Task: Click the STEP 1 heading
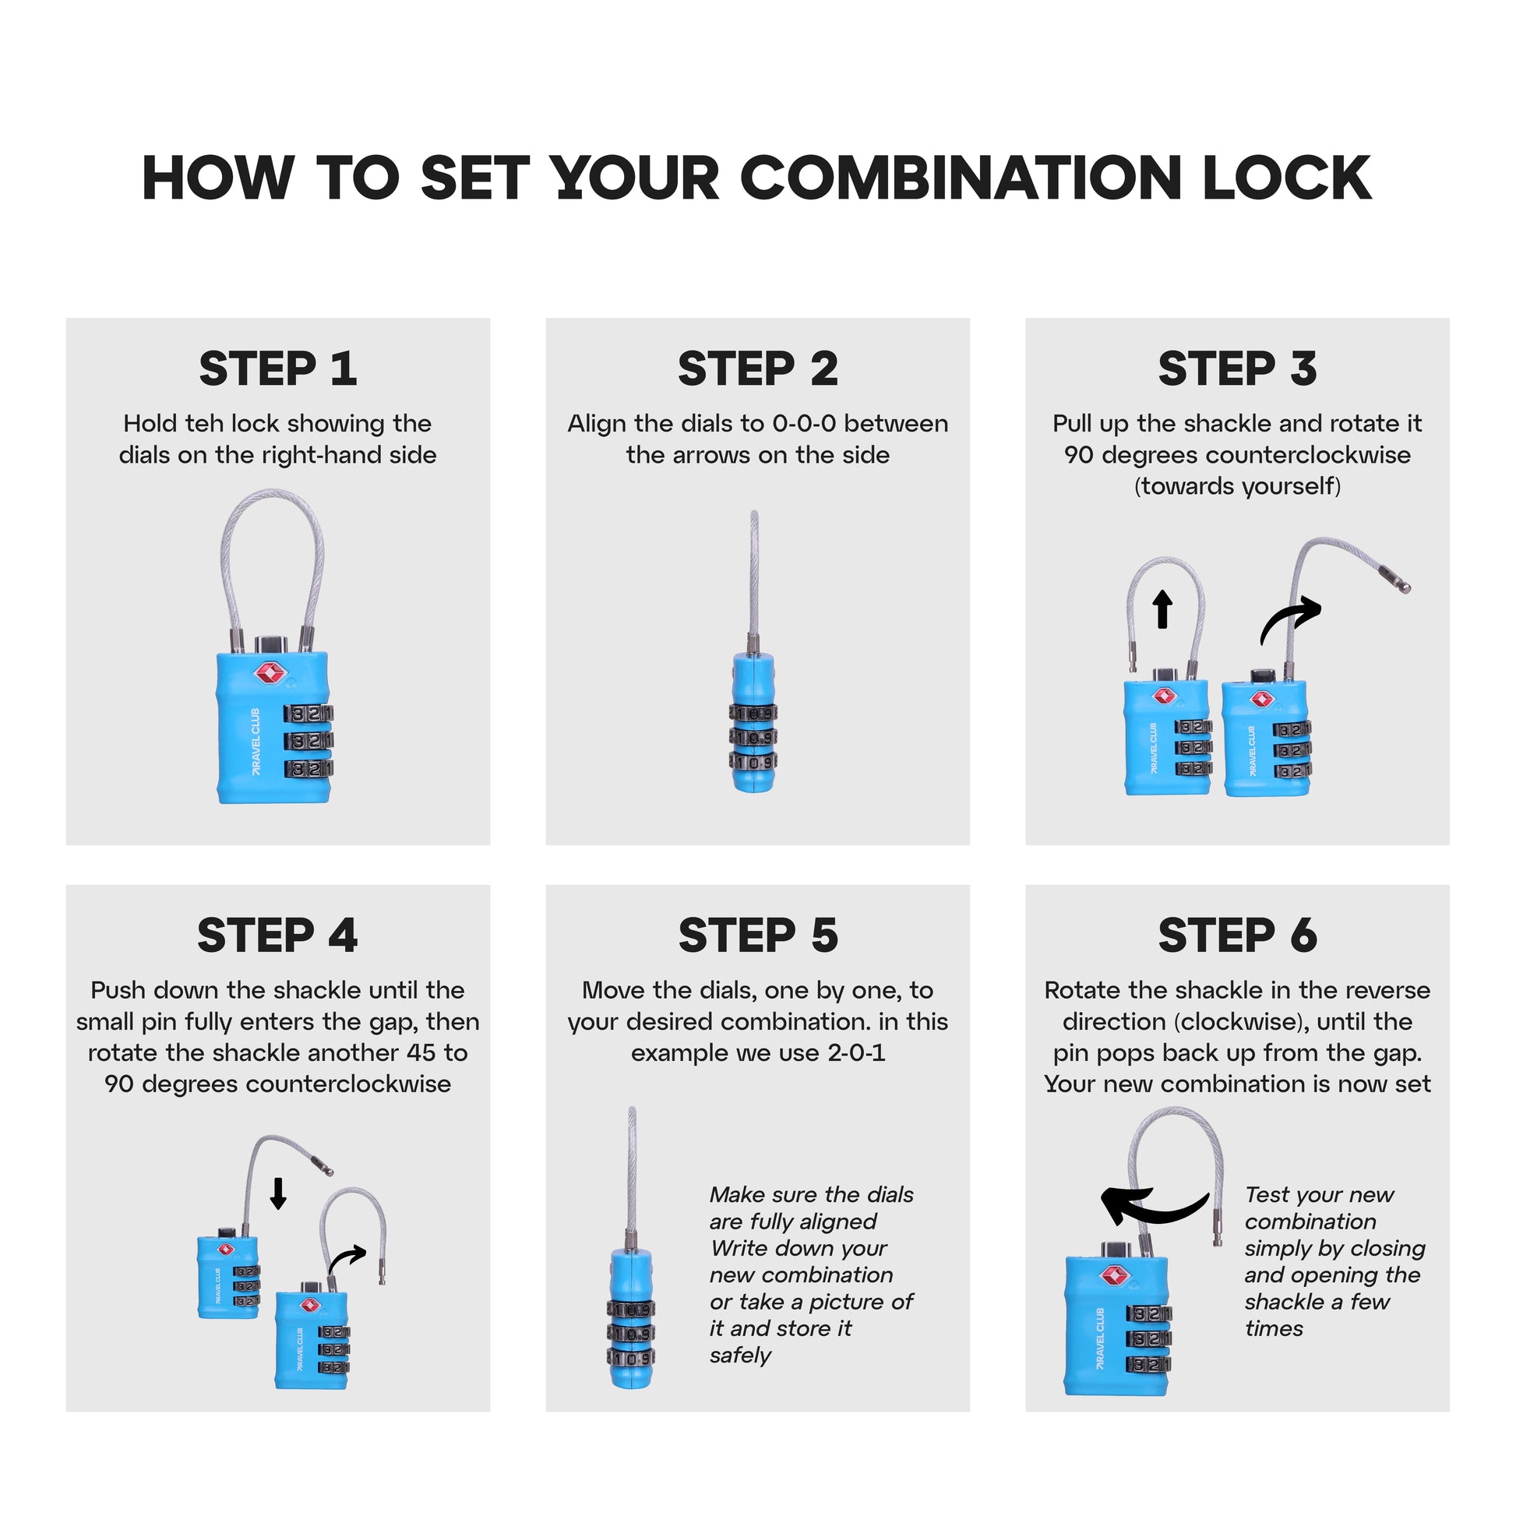278,368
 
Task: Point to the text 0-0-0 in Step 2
804,424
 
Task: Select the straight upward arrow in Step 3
1163,609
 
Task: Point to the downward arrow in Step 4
278,1193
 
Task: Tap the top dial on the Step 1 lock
308,714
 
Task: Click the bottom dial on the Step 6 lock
1148,1364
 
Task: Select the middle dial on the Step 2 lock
753,737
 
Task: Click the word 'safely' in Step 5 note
740,1356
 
